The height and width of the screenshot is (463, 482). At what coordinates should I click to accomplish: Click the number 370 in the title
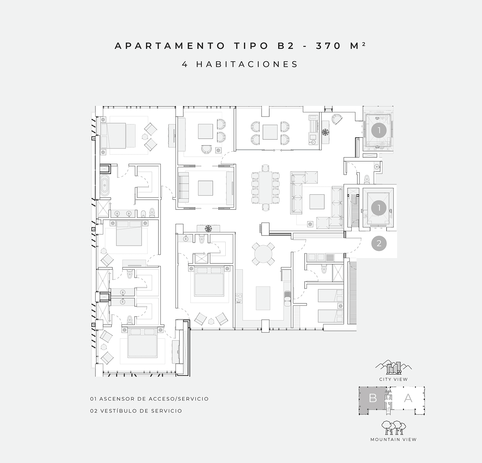tap(328, 46)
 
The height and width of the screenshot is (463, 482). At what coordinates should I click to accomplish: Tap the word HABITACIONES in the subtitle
tap(247, 64)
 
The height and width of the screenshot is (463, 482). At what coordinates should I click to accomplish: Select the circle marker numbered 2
tap(379, 244)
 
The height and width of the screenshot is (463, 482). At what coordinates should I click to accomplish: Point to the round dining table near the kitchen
tap(263, 254)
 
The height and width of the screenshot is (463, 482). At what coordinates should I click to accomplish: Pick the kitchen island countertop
tap(263, 298)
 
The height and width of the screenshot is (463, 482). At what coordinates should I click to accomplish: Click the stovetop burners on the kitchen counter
tap(238, 298)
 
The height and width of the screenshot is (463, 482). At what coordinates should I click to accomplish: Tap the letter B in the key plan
tap(373, 398)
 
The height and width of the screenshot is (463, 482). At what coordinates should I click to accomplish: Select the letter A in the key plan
tap(408, 398)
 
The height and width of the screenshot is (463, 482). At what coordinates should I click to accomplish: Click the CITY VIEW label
tap(393, 379)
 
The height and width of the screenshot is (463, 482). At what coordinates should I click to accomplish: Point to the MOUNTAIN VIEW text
tap(393, 440)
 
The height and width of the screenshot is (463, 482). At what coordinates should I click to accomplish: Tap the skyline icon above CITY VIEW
tap(394, 367)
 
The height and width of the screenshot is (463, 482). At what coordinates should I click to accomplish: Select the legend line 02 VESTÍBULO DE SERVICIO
tap(136, 411)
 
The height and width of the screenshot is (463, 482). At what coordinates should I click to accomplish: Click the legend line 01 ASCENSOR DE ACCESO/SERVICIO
tap(149, 399)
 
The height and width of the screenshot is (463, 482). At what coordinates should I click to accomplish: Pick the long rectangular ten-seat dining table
tap(265, 188)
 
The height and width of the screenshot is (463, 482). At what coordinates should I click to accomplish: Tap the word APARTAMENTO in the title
tap(170, 46)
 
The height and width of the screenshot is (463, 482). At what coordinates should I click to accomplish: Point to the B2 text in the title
tap(286, 46)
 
